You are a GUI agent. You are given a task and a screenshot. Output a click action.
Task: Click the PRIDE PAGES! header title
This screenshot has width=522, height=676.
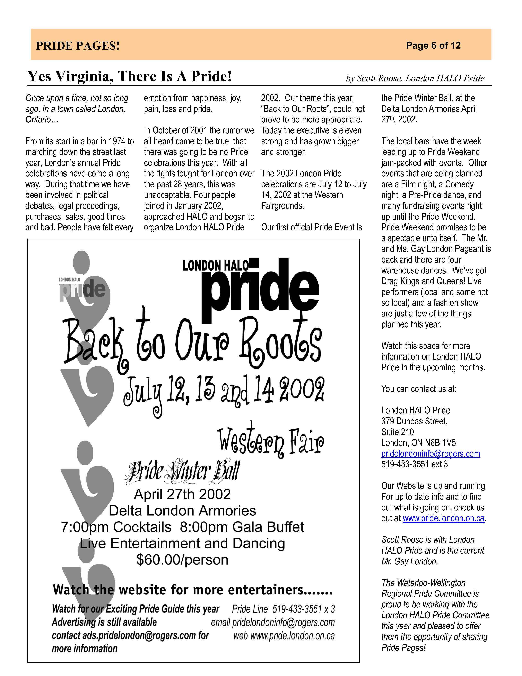coord(78,46)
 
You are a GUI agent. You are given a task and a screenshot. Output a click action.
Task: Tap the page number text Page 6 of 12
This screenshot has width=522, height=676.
coord(433,45)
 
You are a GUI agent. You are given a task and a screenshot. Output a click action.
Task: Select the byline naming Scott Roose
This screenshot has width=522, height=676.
coord(415,78)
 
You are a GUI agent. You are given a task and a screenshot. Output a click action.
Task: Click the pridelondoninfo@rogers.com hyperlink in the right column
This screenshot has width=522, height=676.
coord(430,454)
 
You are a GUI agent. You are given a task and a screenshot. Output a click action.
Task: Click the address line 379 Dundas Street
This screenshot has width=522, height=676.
coord(414,421)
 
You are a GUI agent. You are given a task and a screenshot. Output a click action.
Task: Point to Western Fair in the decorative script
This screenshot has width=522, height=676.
coord(271,441)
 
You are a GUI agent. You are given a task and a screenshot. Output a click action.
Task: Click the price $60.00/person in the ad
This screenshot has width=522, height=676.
coord(182,560)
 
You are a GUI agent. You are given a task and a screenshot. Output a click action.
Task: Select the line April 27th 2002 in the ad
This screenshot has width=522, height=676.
coord(182,494)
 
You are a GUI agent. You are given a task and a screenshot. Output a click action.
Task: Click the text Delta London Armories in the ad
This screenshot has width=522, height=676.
coord(182,511)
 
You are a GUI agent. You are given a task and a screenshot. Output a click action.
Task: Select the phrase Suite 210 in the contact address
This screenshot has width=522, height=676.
coord(397,432)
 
